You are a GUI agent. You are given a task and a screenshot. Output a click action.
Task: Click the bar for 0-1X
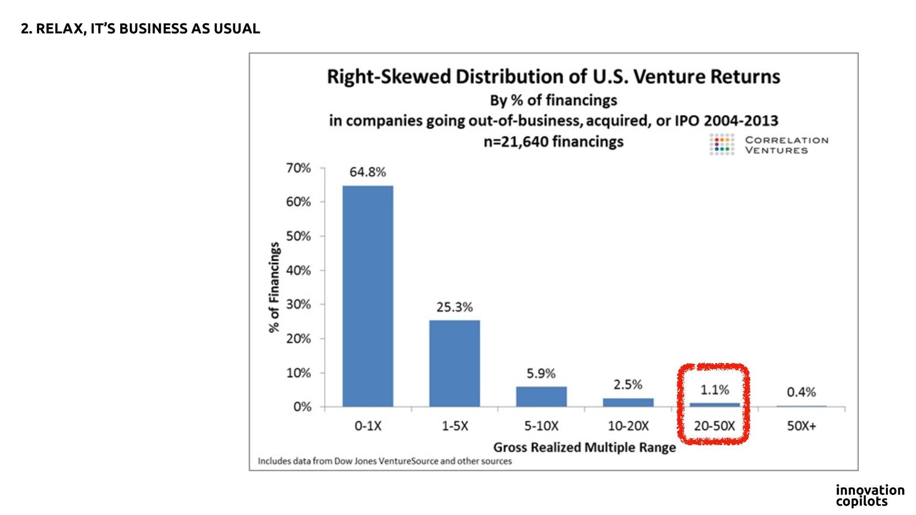[x=368, y=296]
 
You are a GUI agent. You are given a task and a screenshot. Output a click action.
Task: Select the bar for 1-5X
[x=455, y=363]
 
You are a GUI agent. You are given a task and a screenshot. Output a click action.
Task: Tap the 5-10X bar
[x=541, y=396]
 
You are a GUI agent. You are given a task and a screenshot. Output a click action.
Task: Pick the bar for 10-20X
[x=628, y=402]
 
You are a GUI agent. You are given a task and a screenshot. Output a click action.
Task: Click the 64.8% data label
[x=367, y=172]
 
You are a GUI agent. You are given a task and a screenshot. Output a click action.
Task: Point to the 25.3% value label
[x=454, y=307]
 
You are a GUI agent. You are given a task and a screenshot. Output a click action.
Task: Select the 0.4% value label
[x=801, y=392]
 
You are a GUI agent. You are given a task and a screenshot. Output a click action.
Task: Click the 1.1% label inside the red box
[x=714, y=390]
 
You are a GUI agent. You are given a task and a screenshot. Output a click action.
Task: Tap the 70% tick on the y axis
[x=298, y=168]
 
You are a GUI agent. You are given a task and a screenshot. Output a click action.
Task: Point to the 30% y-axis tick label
[x=298, y=304]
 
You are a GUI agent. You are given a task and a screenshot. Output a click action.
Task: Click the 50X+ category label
[x=801, y=426]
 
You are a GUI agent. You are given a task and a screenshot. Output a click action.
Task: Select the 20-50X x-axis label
[x=714, y=426]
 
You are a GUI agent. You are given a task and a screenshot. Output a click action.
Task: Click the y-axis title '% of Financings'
[x=274, y=287]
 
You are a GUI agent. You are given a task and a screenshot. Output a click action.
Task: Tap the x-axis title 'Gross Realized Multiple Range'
[x=584, y=447]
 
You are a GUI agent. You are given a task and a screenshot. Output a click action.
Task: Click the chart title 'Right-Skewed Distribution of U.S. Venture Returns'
[x=553, y=77]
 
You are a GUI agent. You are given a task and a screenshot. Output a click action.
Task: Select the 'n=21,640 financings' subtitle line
[x=553, y=142]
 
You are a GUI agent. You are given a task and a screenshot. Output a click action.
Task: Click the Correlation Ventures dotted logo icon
[x=722, y=144]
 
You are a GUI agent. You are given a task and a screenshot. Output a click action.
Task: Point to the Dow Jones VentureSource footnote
[x=385, y=461]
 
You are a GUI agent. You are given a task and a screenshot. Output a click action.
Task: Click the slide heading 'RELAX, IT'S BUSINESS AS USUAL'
[x=141, y=29]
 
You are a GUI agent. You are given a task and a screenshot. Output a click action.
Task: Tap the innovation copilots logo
[x=870, y=495]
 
